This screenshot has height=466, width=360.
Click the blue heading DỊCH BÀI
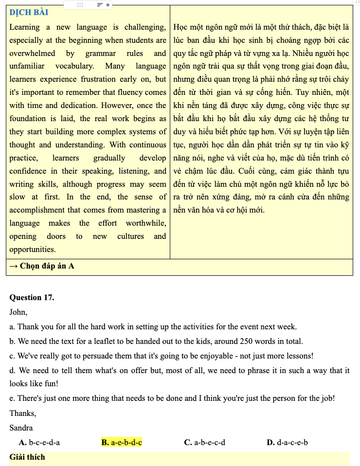[29, 12]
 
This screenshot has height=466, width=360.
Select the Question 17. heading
[32, 298]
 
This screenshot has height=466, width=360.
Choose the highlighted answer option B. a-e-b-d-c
[122, 443]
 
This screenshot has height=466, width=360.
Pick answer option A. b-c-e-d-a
[39, 443]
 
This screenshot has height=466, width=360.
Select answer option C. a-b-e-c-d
[204, 443]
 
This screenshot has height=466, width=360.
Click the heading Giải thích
[27, 457]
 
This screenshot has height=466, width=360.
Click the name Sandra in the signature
[21, 428]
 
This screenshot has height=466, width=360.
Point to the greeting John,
[18, 312]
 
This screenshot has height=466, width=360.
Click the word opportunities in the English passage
[32, 250]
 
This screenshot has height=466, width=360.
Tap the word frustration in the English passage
[101, 79]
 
